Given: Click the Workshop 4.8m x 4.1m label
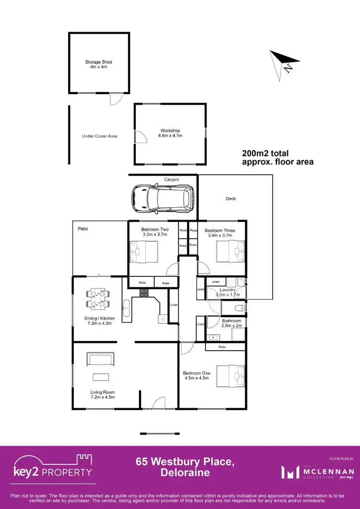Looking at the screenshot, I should (170, 133).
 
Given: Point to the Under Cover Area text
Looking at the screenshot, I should (99, 136).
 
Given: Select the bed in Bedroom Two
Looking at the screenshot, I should (144, 251).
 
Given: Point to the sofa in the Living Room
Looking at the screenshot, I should (100, 359).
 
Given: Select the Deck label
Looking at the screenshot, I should (231, 198).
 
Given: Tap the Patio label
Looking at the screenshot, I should (83, 229).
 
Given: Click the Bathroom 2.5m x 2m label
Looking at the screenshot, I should (231, 323).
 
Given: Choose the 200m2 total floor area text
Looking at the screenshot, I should (277, 158).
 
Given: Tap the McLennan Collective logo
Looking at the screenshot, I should (318, 472).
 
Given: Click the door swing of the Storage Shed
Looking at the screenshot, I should (115, 99).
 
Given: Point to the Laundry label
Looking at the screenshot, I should (227, 290).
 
